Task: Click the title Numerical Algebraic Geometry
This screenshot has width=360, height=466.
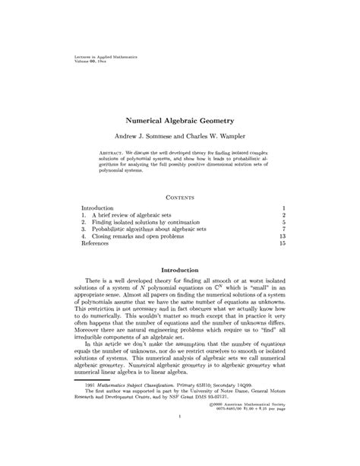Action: (x=179, y=121)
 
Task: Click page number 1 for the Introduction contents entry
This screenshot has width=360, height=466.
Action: (x=283, y=208)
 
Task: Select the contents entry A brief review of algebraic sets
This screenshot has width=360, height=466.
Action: (x=134, y=216)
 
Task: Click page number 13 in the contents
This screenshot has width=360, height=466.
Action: (x=281, y=236)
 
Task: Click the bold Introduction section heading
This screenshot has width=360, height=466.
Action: (x=179, y=270)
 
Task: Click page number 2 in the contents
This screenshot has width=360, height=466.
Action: (x=283, y=216)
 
